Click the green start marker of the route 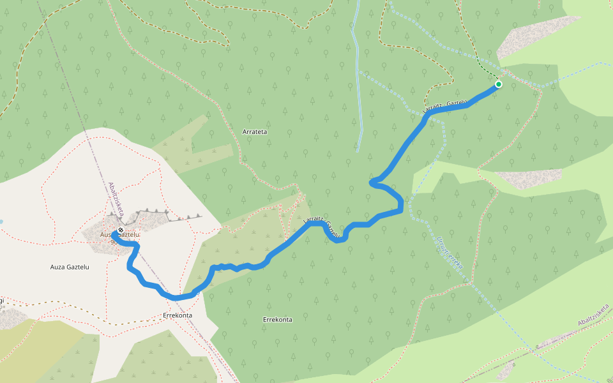(498, 84)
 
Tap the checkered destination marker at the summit (120, 230)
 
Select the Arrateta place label (255, 131)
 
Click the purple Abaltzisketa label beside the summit (116, 198)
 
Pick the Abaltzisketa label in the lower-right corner (593, 319)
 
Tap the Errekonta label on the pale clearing (178, 315)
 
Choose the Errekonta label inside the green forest (278, 319)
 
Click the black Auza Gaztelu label (69, 267)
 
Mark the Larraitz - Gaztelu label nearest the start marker (441, 105)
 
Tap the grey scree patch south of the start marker (527, 178)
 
